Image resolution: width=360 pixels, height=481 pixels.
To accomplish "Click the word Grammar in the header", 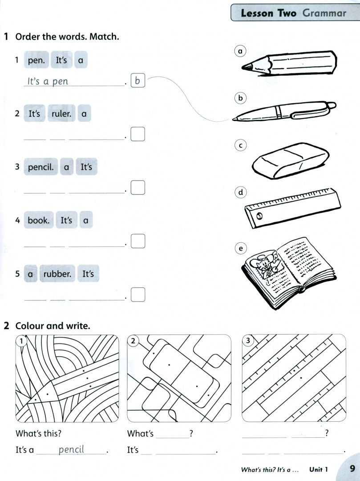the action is click(324, 13).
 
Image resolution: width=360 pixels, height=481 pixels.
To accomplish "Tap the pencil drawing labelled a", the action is click(289, 63).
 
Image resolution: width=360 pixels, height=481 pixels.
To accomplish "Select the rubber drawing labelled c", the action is click(291, 161).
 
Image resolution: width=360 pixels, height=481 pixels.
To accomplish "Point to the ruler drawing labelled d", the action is click(293, 208).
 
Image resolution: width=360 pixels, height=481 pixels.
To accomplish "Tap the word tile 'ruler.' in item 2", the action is click(61, 114).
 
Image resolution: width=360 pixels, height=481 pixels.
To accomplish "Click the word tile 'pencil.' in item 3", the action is click(41, 167).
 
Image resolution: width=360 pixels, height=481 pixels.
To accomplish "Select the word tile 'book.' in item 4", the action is click(39, 220).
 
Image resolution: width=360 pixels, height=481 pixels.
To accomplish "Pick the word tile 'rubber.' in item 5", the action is click(57, 273).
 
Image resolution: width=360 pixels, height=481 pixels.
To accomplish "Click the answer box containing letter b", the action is click(138, 80).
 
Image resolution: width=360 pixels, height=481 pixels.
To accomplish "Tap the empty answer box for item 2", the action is click(138, 134).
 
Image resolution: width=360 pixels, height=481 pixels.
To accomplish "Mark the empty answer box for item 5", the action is click(138, 294).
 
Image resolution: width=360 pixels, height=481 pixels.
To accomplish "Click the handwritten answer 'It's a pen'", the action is click(48, 82).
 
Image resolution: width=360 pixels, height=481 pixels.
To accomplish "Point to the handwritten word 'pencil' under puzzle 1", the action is click(71, 450).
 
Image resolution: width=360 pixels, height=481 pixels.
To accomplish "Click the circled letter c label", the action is click(240, 145).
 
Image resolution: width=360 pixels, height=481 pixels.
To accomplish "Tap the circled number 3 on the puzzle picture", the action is click(248, 341).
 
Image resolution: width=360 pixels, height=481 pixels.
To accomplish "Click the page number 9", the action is click(352, 469).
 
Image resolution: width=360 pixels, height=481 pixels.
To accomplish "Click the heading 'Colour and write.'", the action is click(53, 326).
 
